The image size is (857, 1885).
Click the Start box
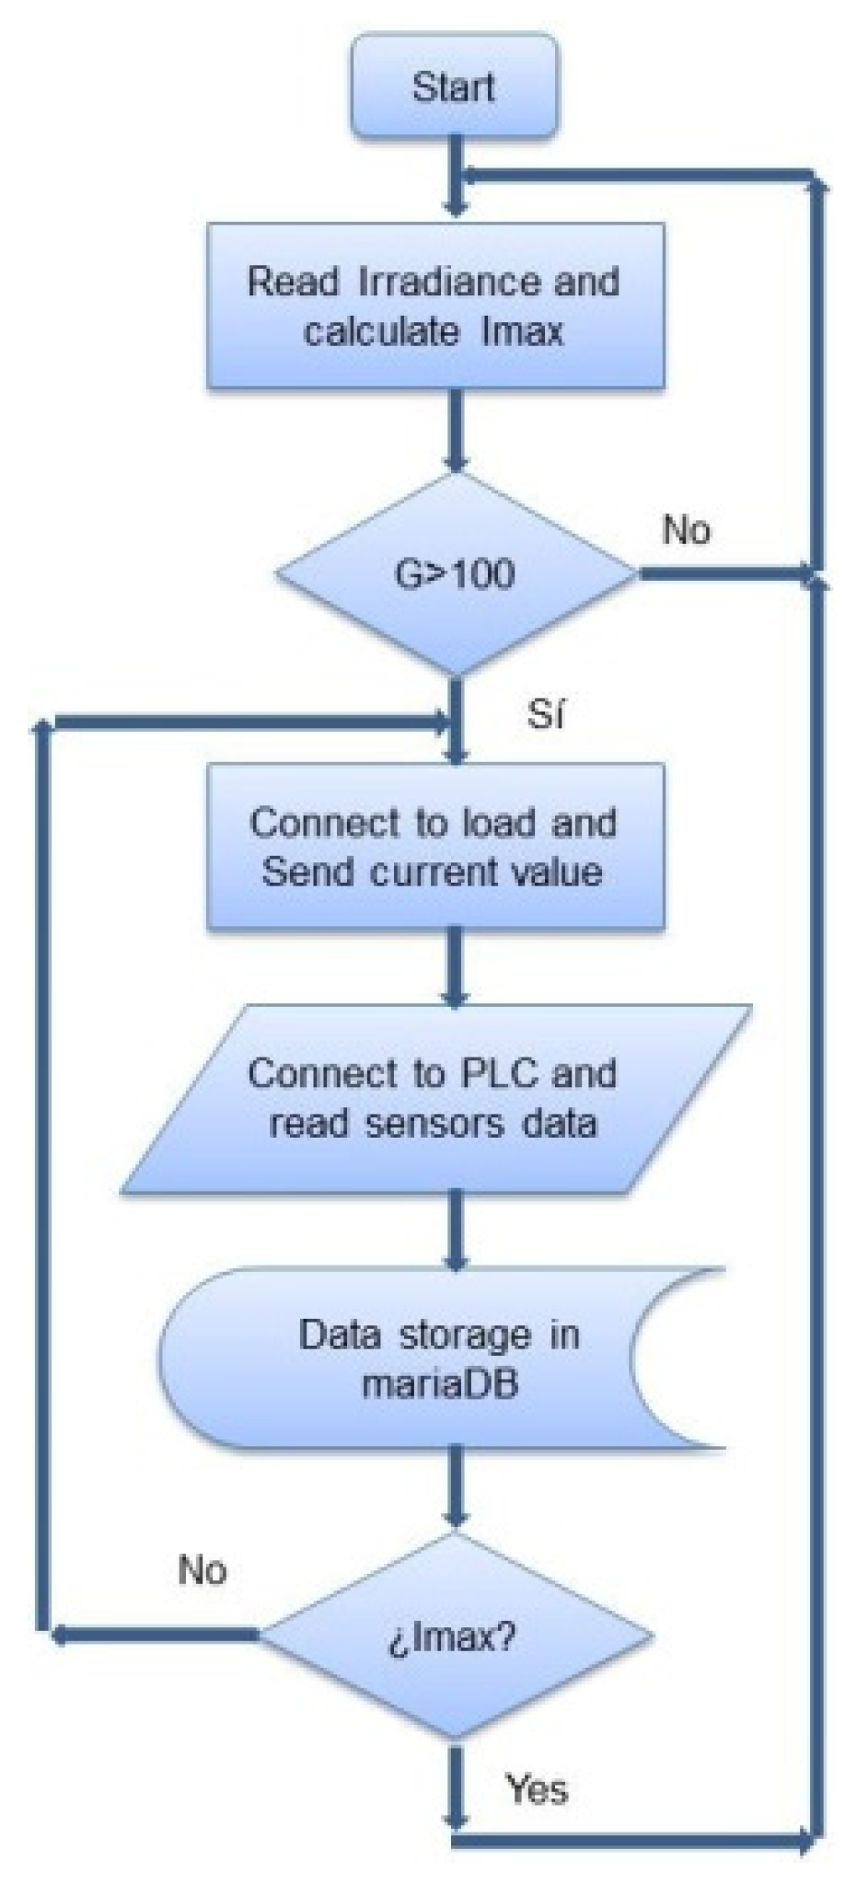point(453,87)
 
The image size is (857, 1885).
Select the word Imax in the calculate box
point(522,331)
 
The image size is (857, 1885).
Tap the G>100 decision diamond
point(455,573)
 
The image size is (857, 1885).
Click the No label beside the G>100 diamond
point(686,530)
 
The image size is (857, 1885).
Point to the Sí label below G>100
point(545,714)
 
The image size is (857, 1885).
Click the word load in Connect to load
point(500,823)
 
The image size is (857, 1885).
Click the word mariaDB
point(440,1383)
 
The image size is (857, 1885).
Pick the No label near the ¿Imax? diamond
point(203,1569)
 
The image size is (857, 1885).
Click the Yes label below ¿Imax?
point(536,1788)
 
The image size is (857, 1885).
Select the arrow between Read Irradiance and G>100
point(455,429)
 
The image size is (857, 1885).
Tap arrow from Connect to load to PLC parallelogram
point(455,966)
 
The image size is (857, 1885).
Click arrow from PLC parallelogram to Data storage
point(455,1230)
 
